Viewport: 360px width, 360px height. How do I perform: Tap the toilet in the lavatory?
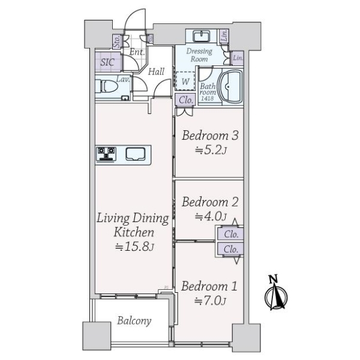pos(107,86)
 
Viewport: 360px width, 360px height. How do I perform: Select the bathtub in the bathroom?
pos(230,86)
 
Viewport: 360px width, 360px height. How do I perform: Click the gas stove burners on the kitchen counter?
pos(106,154)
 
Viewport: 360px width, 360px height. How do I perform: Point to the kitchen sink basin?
pos(136,154)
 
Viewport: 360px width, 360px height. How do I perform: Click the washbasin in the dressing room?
pos(201,36)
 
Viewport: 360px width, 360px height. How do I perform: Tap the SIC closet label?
pos(107,62)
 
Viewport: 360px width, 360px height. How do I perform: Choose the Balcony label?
pos(134,321)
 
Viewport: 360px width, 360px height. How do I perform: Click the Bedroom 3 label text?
pos(210,136)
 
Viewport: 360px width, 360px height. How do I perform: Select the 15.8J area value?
pos(134,247)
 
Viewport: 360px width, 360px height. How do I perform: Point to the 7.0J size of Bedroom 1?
pos(210,301)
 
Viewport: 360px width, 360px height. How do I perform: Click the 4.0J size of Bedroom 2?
pos(211,216)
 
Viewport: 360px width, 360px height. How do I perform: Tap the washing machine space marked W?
pos(185,81)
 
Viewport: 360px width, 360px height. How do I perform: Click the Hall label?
pos(156,72)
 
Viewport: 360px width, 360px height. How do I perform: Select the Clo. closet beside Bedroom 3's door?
pos(185,100)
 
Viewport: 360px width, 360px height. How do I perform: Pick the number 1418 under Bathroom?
pos(208,98)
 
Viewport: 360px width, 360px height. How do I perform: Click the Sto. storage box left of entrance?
pos(117,41)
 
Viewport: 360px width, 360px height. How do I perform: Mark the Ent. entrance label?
pos(137,52)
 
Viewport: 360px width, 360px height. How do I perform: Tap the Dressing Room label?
pos(199,55)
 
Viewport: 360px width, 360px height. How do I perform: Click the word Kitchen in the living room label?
pos(134,232)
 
